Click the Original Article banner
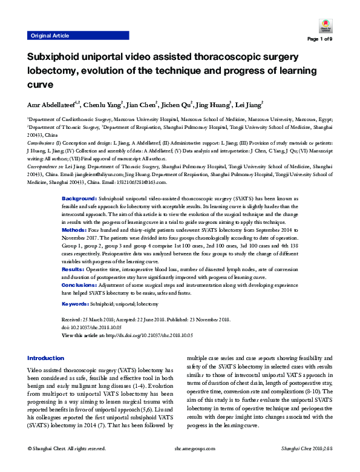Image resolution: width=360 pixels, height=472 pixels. pyautogui.click(x=50, y=36)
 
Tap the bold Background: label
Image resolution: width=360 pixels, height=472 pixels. pyautogui.click(x=79, y=198)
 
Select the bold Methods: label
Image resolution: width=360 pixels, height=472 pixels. pyautogui.click(x=75, y=230)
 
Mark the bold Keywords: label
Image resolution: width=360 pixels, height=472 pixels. pyautogui.click(x=77, y=304)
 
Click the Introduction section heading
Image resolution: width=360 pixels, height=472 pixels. pyautogui.click(x=45, y=358)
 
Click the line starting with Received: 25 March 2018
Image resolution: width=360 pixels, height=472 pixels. pyautogui.click(x=146, y=319)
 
